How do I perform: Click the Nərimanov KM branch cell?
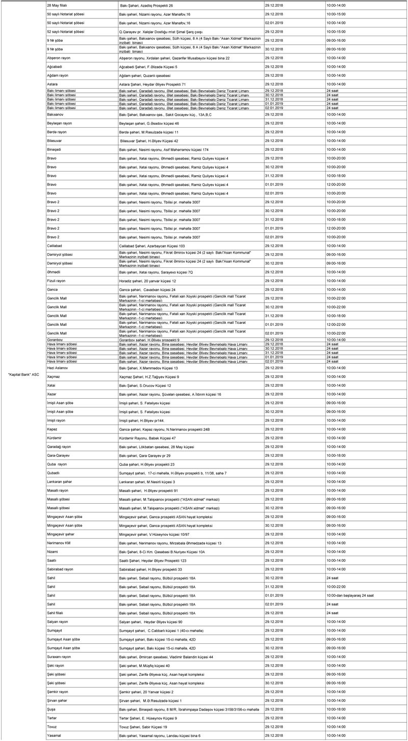(58, 543)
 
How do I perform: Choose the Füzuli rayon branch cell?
(56, 281)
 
